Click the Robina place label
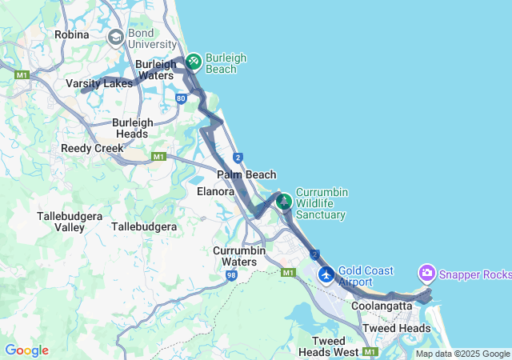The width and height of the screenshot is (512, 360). coord(70,34)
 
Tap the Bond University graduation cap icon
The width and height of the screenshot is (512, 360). coord(116,37)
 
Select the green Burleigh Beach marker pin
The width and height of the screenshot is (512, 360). coord(193,62)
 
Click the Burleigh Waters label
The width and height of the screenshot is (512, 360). coord(154,70)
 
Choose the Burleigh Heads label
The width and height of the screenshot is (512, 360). coord(132,128)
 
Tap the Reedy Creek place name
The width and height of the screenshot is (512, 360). coord(92,148)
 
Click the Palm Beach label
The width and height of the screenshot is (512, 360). coord(246,174)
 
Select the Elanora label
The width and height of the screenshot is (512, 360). coord(215,192)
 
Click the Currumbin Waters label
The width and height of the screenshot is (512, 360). coord(246,256)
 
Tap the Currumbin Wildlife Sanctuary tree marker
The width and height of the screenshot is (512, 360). coord(283,201)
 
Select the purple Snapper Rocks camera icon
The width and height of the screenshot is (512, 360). coord(426,274)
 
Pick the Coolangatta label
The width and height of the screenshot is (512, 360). coord(381,306)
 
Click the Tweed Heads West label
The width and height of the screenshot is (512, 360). coord(329,346)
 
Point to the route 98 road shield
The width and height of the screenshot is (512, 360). coord(231,276)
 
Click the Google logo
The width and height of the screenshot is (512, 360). coord(26,350)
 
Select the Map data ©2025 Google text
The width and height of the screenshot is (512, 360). coord(462,354)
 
